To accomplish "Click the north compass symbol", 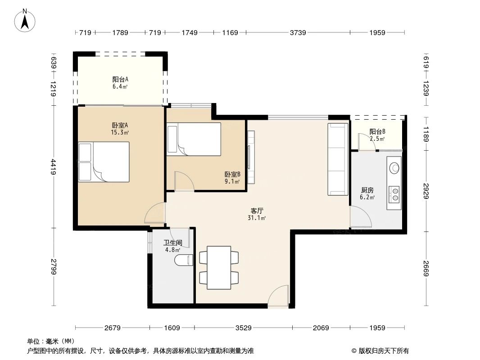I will [26, 21].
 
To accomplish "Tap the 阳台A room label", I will [120, 82].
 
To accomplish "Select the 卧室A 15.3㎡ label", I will [120, 129].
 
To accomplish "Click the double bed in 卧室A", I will [104, 162].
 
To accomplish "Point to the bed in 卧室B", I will [194, 139].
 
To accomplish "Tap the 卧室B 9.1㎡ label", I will [232, 178].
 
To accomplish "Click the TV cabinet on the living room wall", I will [251, 157].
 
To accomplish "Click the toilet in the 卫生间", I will [185, 260].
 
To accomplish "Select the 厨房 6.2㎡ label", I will [367, 193].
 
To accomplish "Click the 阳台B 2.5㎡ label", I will [377, 135].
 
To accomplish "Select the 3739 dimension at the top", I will [298, 32].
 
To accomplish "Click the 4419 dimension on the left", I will [54, 167].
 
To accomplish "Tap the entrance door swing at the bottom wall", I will [278, 297].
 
